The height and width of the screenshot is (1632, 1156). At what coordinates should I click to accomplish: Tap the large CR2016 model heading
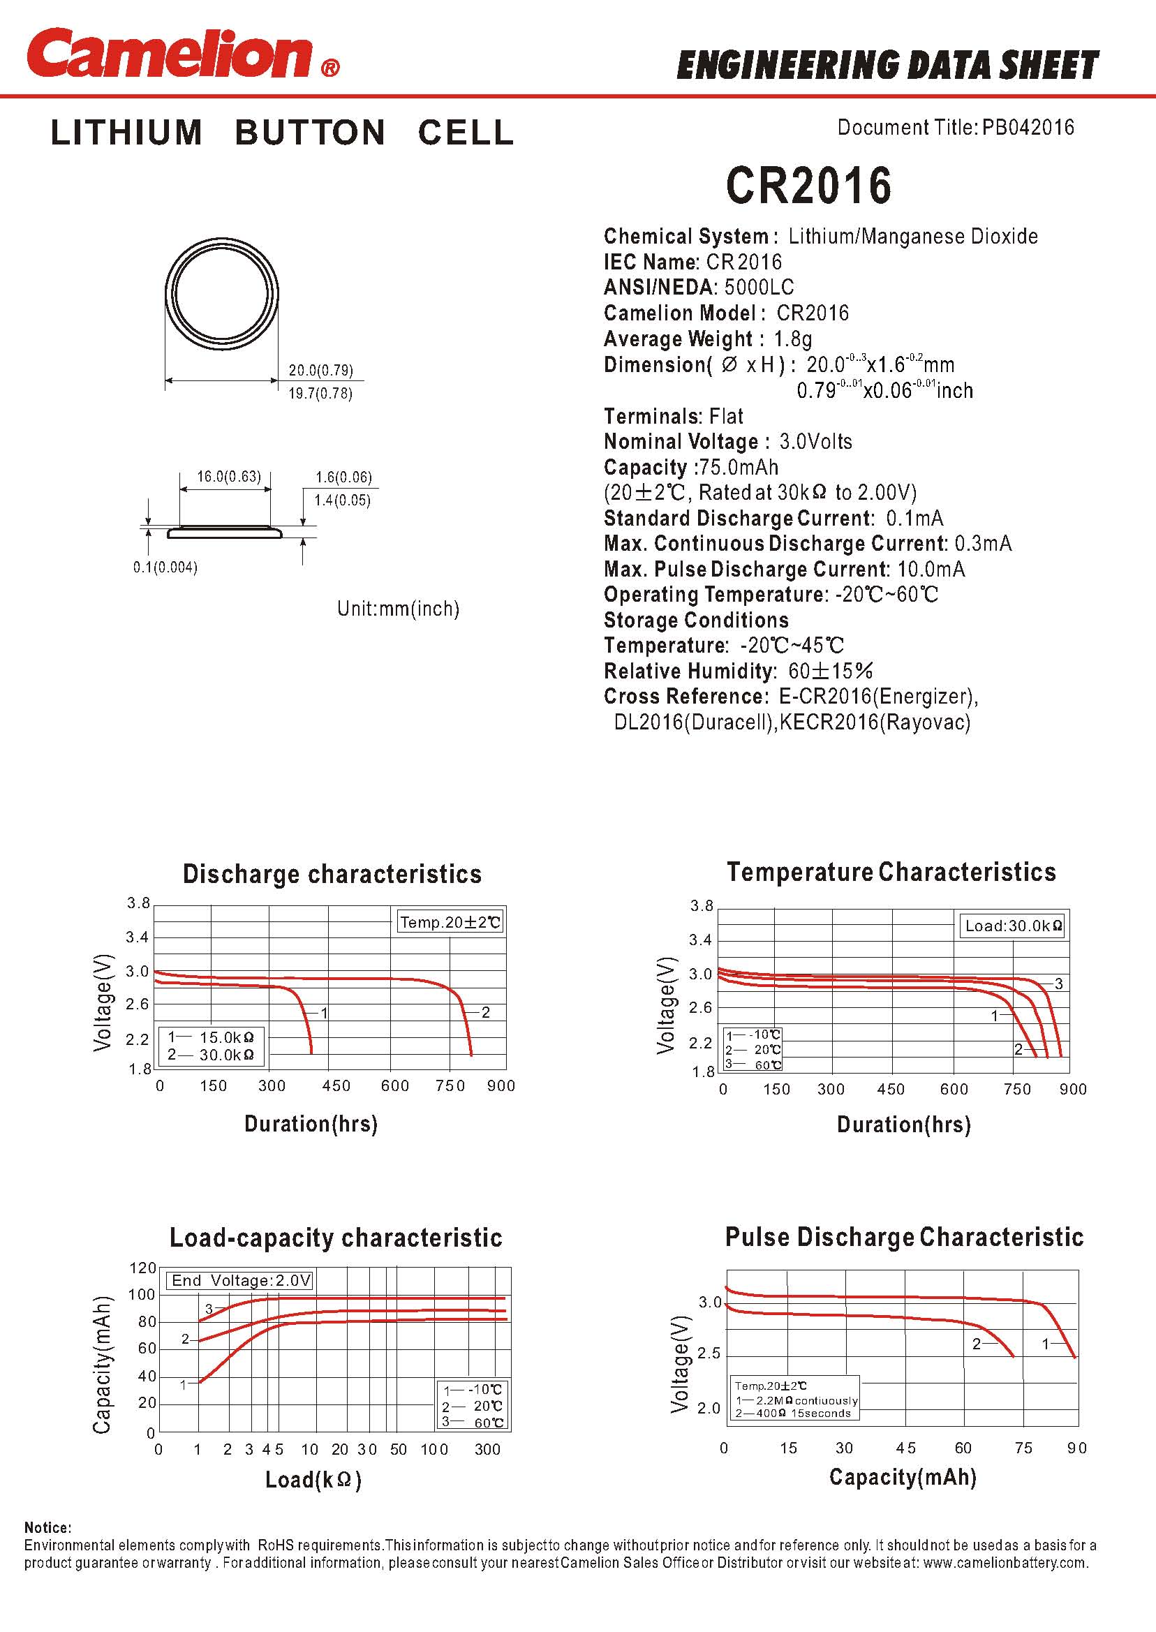tap(808, 186)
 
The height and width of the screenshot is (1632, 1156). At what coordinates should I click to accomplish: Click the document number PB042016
tap(1028, 128)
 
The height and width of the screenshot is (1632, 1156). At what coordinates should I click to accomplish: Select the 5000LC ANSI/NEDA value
tap(759, 288)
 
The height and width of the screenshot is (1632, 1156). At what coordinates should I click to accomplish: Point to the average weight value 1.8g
tap(792, 339)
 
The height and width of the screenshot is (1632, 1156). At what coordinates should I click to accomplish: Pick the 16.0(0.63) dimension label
tap(228, 476)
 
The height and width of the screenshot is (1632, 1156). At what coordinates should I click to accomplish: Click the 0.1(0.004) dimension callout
tap(165, 568)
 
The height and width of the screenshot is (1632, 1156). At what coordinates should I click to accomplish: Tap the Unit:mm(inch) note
tap(398, 609)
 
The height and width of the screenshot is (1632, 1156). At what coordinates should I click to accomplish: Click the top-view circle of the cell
tap(221, 293)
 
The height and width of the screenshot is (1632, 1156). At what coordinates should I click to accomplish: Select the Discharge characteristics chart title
tap(332, 874)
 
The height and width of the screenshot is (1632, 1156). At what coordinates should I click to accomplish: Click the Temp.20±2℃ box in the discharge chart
tap(450, 922)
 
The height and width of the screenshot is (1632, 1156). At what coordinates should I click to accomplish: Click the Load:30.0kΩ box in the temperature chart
tap(1013, 926)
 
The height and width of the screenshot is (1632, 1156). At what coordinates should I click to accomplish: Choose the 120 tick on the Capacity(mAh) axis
tap(142, 1268)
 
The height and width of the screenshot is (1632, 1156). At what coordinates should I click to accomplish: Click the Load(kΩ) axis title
tap(313, 1481)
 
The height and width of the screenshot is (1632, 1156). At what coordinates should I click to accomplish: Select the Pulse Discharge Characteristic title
tap(904, 1237)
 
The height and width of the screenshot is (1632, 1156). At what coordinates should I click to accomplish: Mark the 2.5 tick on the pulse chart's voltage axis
tap(709, 1353)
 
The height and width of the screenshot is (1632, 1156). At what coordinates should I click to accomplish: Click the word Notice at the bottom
tap(47, 1528)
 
